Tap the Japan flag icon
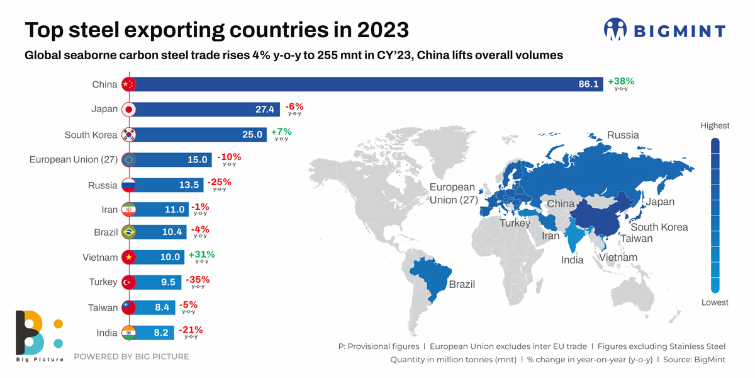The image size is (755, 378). pos(128,110)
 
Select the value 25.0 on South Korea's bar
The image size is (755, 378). pos(252,134)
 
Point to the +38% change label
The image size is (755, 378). pos(621,81)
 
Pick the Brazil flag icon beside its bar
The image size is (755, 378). pos(128,232)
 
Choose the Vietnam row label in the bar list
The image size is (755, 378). pos(100,257)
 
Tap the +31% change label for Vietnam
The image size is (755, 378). pos(201,255)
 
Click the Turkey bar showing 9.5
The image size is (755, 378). pos(157,282)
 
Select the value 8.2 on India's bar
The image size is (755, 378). pos(161,333)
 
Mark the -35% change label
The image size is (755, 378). pos(198,279)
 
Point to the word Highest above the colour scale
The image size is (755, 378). pos(715,126)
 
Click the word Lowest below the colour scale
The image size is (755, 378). pos(715,302)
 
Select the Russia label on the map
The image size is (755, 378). pos(622,135)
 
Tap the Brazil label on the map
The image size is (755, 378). pos(462,284)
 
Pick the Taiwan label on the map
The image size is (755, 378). pos(637,239)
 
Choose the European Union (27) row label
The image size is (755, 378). pos(74,159)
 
